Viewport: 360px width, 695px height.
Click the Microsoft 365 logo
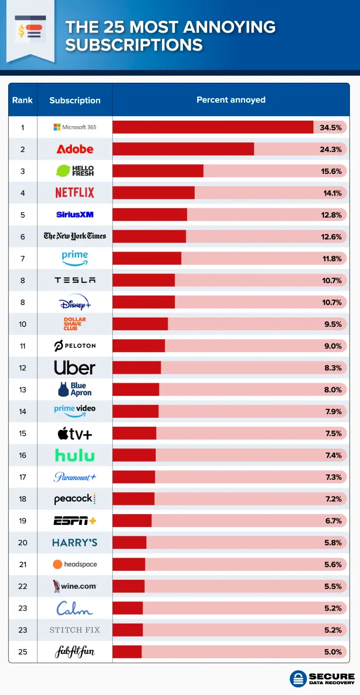(x=75, y=127)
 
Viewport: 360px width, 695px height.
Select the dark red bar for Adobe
(x=183, y=149)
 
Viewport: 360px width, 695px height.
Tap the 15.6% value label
(x=331, y=171)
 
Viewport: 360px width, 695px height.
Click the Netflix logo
(x=75, y=193)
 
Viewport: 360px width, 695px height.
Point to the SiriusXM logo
(x=75, y=215)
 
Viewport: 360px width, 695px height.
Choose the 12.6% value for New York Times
(x=331, y=237)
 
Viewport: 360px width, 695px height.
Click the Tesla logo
(x=75, y=280)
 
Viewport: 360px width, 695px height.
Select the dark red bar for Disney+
(x=144, y=302)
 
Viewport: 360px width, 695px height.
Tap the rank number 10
(x=22, y=324)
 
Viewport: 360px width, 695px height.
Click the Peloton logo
(x=75, y=346)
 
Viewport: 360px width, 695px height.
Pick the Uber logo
(x=75, y=368)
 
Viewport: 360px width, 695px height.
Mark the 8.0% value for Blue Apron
(x=333, y=390)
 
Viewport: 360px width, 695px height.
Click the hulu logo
(x=75, y=456)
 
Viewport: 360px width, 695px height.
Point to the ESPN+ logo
(x=75, y=521)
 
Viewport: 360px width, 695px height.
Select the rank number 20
(x=22, y=543)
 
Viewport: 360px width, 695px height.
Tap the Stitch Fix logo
(x=75, y=630)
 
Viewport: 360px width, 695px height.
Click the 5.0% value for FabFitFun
(x=333, y=652)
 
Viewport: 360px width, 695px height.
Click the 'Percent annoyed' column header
(x=231, y=100)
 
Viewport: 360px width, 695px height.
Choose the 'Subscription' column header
(x=75, y=100)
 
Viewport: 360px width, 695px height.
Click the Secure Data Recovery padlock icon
(x=298, y=679)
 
